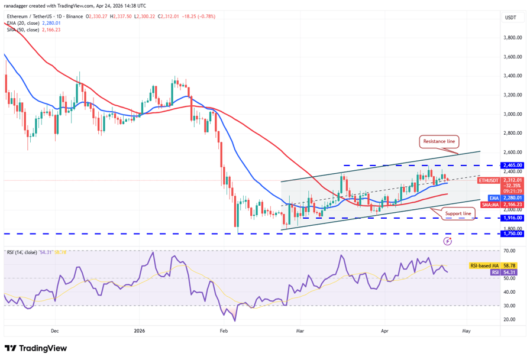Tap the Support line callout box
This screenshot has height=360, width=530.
[x=458, y=213]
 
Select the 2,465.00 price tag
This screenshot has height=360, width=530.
[x=512, y=165]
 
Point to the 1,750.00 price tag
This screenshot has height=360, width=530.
[x=512, y=233]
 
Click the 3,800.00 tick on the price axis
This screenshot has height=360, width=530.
[x=512, y=38]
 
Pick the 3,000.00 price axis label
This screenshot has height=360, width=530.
[x=512, y=114]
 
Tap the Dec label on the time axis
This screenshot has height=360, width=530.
[x=54, y=331]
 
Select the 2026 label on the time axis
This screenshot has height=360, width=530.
[x=140, y=331]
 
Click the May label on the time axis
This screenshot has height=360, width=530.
[x=466, y=331]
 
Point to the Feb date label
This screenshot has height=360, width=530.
[x=224, y=331]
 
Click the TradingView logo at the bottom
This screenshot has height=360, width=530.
[x=35, y=348]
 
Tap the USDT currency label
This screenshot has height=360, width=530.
[x=510, y=18]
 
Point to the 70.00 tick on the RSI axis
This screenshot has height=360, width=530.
[x=509, y=251]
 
